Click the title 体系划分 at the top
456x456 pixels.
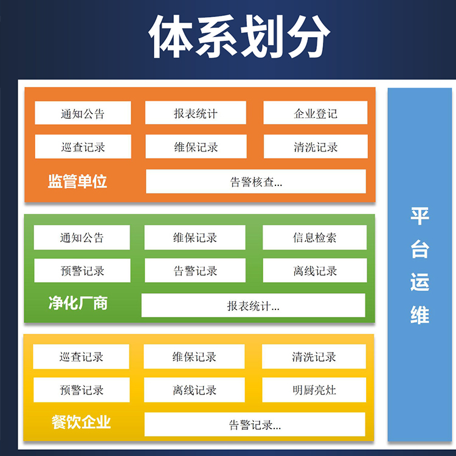click(x=239, y=36)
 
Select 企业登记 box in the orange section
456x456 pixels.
click(x=315, y=113)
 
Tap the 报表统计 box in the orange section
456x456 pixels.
click(x=195, y=113)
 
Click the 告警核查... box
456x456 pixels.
click(x=256, y=181)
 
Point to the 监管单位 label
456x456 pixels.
click(x=77, y=181)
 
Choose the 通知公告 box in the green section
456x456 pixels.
click(x=81, y=237)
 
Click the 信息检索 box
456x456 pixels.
click(x=315, y=237)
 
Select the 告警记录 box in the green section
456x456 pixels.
click(x=195, y=271)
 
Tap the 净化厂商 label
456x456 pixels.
click(x=78, y=303)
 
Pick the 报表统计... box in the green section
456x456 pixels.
click(x=254, y=305)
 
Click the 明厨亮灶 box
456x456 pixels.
click(x=314, y=390)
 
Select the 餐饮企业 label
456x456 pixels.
click(x=81, y=422)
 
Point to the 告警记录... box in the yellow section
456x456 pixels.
click(x=255, y=424)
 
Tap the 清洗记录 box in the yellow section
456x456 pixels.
click(x=314, y=356)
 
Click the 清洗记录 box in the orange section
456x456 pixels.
click(x=316, y=147)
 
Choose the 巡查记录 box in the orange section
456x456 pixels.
click(x=83, y=147)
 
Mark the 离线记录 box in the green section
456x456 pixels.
click(x=315, y=271)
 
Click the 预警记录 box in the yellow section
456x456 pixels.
click(x=81, y=390)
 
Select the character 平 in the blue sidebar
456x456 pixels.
click(x=420, y=216)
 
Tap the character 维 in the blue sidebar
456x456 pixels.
click(x=420, y=315)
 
